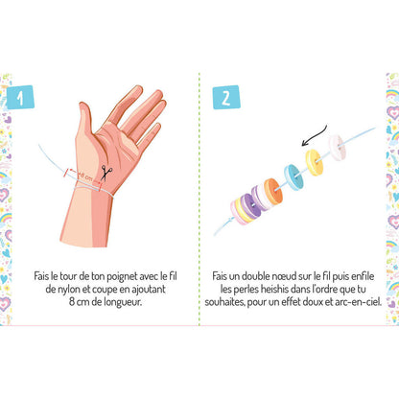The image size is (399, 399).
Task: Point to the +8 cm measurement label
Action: (x=85, y=174)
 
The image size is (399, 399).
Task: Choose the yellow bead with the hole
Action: (x=314, y=159)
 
